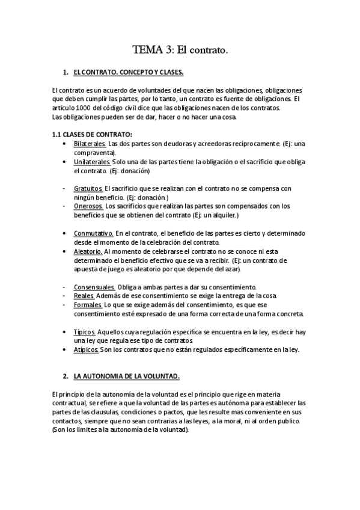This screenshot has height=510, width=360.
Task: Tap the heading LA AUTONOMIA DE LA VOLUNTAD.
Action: coord(126,376)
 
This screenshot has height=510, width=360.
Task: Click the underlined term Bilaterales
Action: coord(90,144)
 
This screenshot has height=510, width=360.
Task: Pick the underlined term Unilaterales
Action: coord(92,162)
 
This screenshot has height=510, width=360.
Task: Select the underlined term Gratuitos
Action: coord(88,188)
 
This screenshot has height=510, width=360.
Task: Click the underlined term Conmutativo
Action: coord(93,233)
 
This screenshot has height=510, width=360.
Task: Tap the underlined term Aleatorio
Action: coord(88,251)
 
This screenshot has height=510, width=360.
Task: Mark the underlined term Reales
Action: coord(84,295)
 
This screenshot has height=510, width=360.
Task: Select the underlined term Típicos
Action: coord(84,331)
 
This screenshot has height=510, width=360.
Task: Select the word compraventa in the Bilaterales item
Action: coord(93,153)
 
